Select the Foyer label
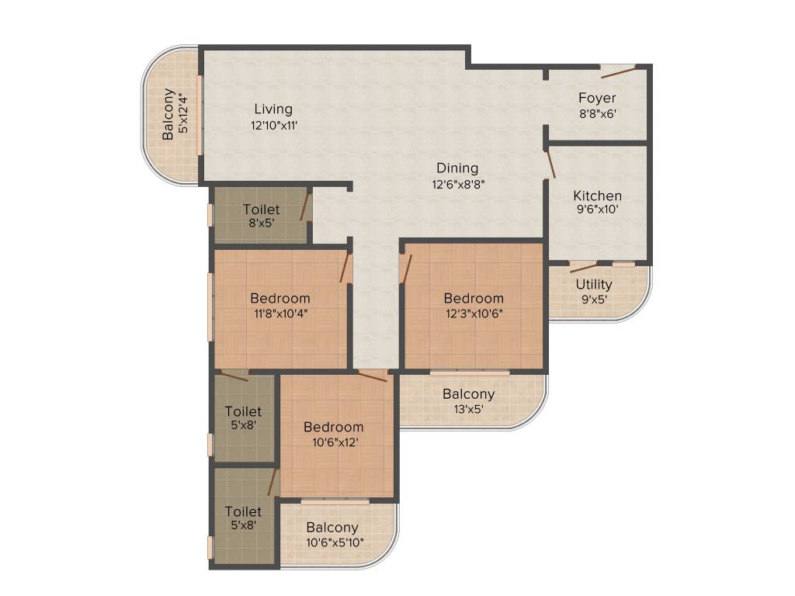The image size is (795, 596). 597,98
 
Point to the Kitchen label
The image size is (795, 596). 597,196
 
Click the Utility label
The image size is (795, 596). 594,285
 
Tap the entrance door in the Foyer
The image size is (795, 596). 618,72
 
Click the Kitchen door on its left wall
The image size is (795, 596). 551,165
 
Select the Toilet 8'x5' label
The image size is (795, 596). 261,210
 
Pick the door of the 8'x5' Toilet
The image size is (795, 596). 305,207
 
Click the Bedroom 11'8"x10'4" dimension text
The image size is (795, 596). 279,314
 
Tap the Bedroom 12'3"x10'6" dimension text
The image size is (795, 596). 474,314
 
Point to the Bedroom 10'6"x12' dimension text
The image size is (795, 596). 333,442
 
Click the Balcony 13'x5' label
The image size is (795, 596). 468,394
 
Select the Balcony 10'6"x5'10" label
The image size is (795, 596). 332,528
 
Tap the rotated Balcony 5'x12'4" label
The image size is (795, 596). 168,114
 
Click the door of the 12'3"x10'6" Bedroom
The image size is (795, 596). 405,269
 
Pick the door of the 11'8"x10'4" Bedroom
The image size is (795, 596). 344,267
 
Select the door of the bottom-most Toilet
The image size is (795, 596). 272,482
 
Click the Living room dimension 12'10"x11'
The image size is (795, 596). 274,125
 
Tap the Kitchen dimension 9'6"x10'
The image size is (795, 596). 597,210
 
